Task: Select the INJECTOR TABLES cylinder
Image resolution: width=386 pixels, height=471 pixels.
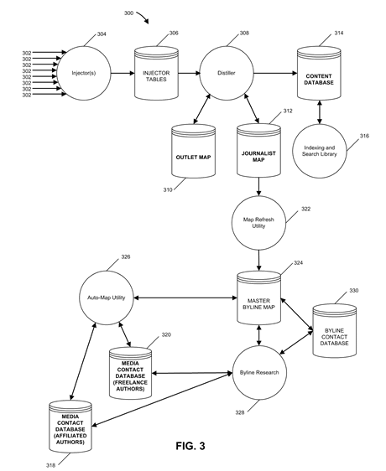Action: [x=156, y=73]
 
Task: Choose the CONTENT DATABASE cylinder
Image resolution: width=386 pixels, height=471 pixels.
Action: [x=319, y=73]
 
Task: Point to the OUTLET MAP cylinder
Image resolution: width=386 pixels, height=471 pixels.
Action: [x=194, y=151]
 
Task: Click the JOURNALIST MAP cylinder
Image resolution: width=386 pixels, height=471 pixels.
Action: [x=258, y=150]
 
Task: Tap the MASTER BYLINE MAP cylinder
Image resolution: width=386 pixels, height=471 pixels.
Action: [x=258, y=298]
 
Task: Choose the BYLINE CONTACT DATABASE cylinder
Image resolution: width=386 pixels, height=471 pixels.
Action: [x=334, y=331]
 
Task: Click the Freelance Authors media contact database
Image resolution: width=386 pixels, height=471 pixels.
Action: [x=130, y=374]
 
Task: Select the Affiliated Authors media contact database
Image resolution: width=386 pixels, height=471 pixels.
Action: [x=70, y=427]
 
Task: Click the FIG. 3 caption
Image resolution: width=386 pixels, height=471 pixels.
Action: [x=190, y=446]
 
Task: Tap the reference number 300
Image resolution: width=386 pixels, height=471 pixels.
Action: [x=128, y=13]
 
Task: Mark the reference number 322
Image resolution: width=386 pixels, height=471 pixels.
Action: [x=305, y=209]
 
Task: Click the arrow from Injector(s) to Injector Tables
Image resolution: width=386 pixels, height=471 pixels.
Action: [x=123, y=73]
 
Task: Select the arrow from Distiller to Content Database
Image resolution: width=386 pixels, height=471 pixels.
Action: [x=275, y=73]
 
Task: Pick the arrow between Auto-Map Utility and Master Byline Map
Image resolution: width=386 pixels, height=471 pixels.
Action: [x=185, y=298]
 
